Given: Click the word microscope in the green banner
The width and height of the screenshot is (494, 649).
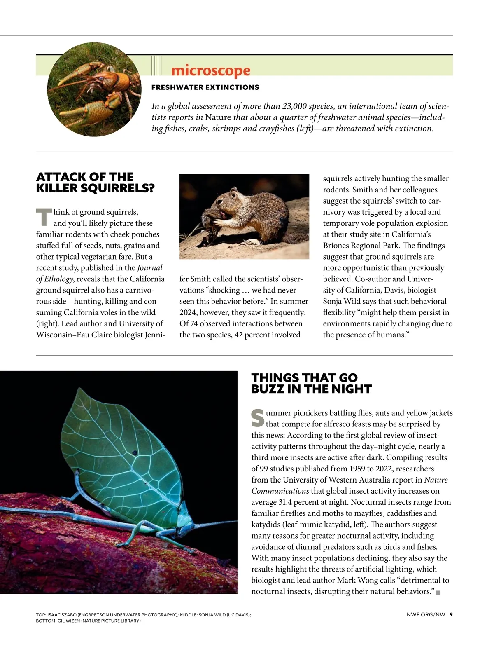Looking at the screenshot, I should tap(210, 71).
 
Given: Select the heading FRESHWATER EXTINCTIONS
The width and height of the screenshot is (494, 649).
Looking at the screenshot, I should tap(205, 87).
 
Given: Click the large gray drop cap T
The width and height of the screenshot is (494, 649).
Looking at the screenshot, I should tap(44, 217).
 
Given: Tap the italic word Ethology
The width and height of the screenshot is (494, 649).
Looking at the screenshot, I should tap(58, 279).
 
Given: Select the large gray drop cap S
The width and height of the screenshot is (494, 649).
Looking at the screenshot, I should tap(258, 418).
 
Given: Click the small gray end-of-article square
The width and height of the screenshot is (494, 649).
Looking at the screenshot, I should tap(438, 593).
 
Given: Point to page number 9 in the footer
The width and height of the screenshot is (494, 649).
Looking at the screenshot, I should tap(451, 614).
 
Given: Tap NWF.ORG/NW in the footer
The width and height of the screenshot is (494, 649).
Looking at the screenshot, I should tap(426, 614).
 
